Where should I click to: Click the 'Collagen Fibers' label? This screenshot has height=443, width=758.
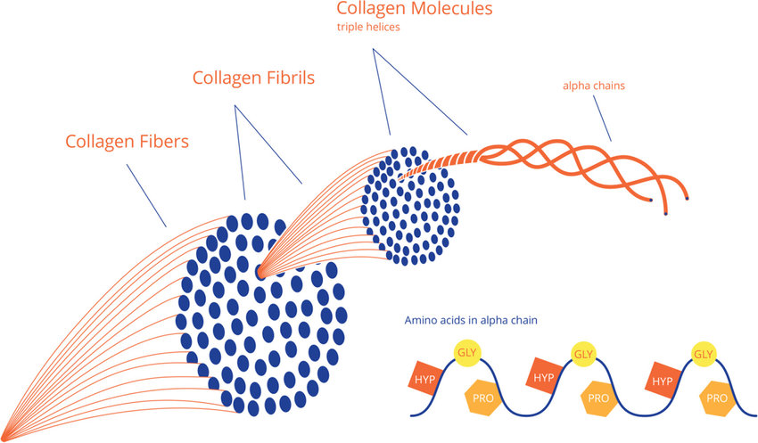tap(127, 142)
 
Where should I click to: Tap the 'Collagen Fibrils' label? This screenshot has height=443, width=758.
tap(253, 78)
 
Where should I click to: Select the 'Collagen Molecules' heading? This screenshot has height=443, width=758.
tap(415, 9)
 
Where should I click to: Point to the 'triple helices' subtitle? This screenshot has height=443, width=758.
tap(368, 27)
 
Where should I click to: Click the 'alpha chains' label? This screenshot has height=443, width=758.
tap(594, 86)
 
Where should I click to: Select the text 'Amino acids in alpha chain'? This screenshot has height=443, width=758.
tap(471, 320)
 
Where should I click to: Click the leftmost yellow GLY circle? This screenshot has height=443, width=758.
tap(467, 353)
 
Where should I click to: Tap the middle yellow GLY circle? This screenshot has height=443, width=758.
tap(583, 354)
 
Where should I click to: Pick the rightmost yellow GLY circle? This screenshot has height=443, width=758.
tap(704, 354)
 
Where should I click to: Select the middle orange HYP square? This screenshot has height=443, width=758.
tap(543, 376)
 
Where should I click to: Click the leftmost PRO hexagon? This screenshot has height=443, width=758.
tap(482, 398)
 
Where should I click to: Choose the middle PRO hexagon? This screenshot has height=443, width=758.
tap(598, 398)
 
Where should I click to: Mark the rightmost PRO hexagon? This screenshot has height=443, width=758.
tap(717, 398)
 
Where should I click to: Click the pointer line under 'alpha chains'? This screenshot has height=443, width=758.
tap(602, 119)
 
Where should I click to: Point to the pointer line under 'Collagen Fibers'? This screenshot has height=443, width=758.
tap(146, 196)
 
